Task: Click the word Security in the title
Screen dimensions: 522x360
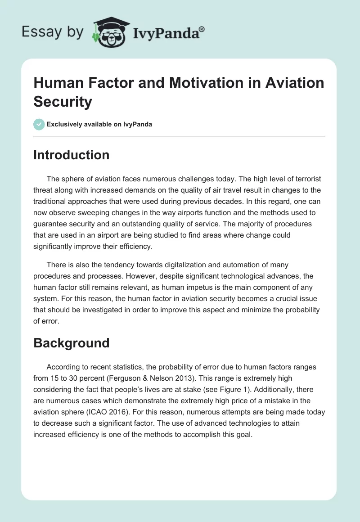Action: pos(63,102)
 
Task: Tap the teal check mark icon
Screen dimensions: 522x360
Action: pos(40,124)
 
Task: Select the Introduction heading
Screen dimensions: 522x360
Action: pos(72,155)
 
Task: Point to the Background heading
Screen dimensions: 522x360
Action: pos(72,343)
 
